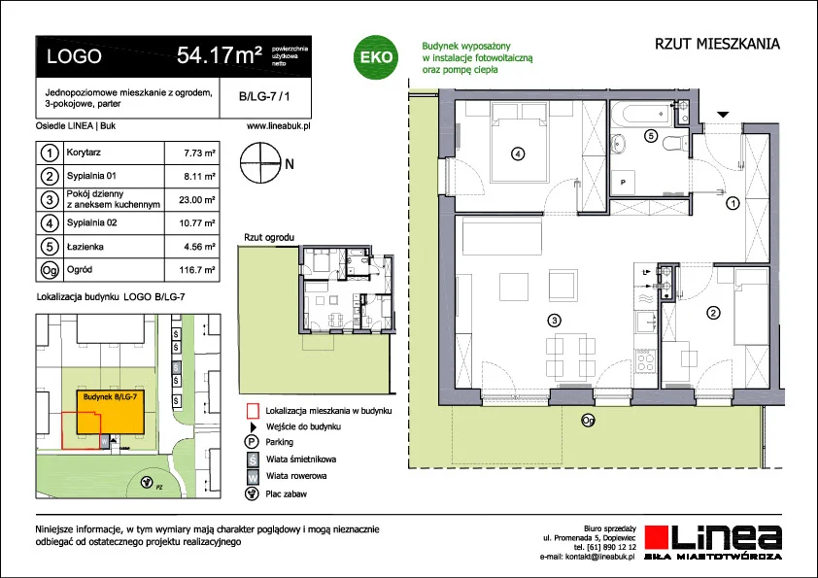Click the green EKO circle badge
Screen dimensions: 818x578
pos(376,57)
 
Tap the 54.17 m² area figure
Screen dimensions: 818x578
pos(220,55)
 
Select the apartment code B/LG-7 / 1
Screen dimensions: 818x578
pos(264,96)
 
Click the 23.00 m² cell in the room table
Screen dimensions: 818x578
pos(196,200)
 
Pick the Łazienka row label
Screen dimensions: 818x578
pos(85,247)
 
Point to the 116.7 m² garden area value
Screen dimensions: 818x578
pos(196,270)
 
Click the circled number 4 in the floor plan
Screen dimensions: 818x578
pos(518,153)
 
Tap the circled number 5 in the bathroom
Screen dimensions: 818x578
pos(650,136)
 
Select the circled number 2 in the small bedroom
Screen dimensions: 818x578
pos(713,313)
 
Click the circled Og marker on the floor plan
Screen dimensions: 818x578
pos(588,421)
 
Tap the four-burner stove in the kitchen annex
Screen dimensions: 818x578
pos(645,360)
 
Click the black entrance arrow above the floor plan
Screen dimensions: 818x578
pos(723,115)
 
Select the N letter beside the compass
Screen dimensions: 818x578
pos(290,164)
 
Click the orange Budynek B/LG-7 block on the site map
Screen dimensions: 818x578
pos(110,412)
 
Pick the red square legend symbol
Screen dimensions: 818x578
pos(253,411)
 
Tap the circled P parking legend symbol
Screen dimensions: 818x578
pos(252,442)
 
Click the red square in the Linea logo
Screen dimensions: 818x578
pos(657,537)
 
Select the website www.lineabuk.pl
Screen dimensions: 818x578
pos(279,125)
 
